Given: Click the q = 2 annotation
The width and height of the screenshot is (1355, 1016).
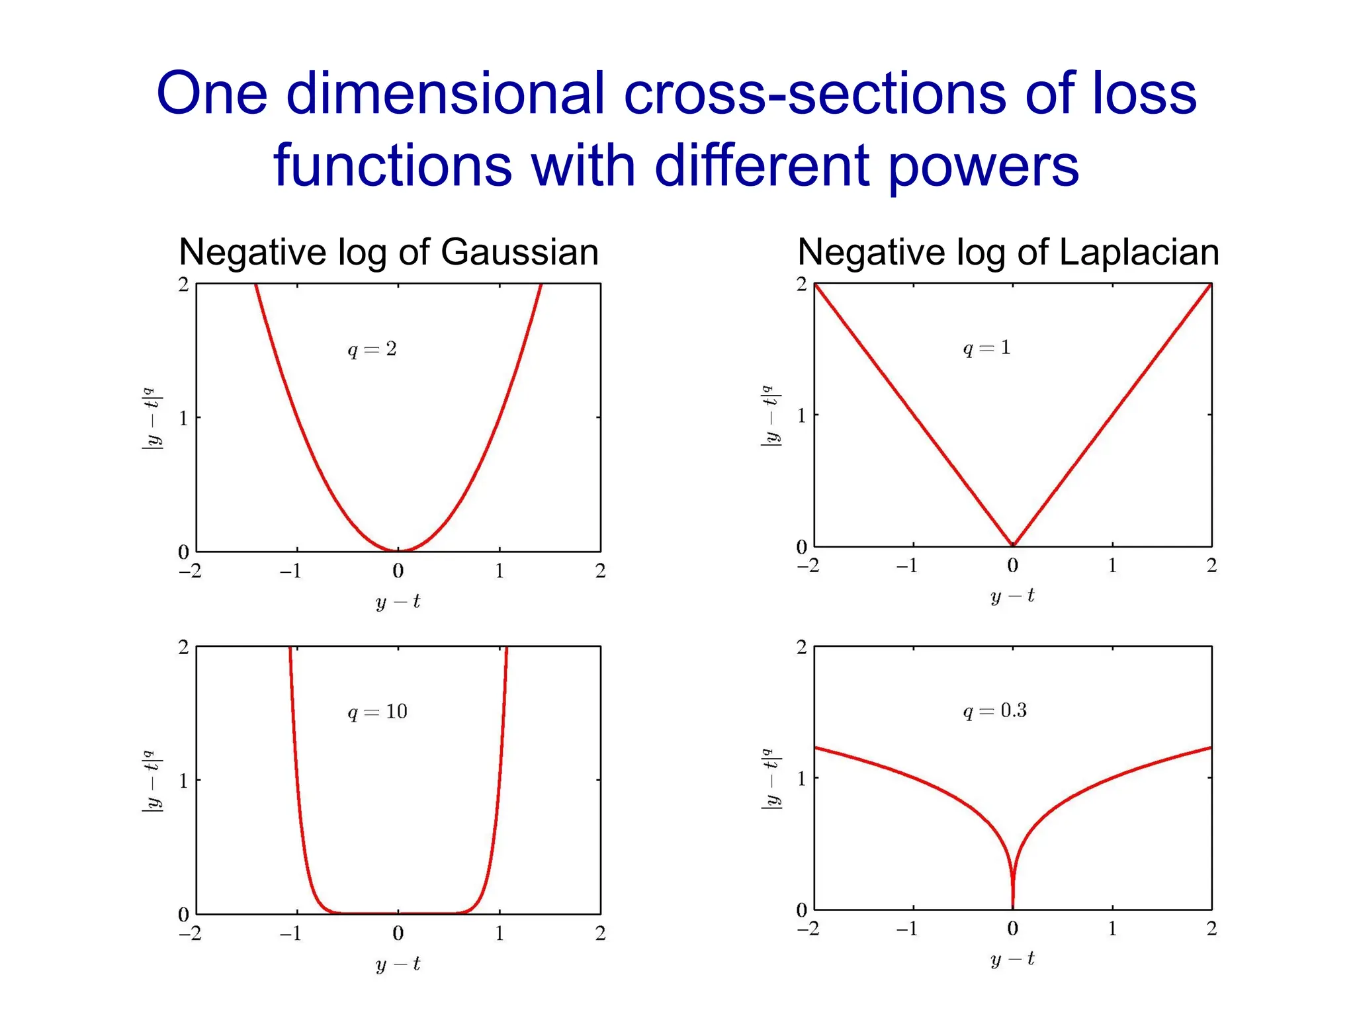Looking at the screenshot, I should [372, 349].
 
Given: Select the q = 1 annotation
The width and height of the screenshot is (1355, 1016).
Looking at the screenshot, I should [986, 348].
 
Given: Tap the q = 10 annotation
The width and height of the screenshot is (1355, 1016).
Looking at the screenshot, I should [377, 712].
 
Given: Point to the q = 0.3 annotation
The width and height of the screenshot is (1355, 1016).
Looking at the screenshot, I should [994, 711].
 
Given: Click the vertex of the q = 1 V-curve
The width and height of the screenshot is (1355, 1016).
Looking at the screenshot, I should [1013, 545].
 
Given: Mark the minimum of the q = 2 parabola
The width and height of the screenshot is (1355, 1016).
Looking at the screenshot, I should [398, 550].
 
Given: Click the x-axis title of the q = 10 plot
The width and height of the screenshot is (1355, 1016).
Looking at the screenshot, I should [398, 964].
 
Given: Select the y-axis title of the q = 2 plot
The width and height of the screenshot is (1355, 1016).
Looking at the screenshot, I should [152, 419].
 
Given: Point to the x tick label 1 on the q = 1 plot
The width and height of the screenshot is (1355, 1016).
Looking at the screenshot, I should [1112, 566].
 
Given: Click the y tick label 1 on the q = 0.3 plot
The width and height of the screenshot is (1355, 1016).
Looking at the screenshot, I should [802, 779].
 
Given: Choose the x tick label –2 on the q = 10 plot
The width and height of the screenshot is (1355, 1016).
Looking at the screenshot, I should [190, 933].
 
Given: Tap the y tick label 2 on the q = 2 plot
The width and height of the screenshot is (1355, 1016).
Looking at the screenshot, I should [183, 284].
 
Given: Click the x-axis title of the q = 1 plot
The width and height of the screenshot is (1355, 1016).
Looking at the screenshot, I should [1012, 597].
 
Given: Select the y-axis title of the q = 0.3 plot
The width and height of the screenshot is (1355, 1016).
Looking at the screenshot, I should [771, 779].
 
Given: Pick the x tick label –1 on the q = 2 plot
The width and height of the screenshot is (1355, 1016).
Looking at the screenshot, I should [290, 571].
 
